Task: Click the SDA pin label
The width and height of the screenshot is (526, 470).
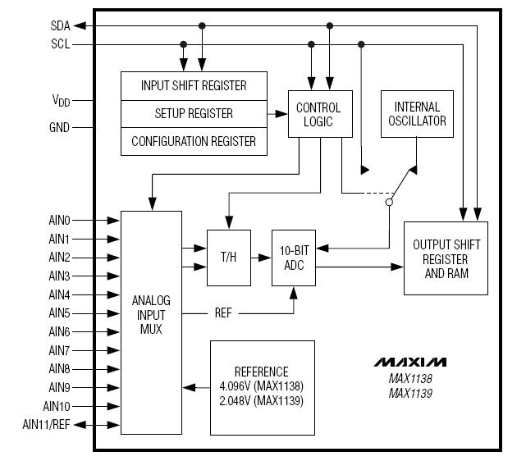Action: pyautogui.click(x=61, y=25)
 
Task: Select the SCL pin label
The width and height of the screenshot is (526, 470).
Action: pyautogui.click(x=61, y=44)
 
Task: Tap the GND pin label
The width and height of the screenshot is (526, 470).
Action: pyautogui.click(x=60, y=127)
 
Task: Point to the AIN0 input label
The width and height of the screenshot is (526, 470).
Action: pyautogui.click(x=60, y=220)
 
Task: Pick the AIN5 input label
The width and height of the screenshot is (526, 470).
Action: pyautogui.click(x=60, y=313)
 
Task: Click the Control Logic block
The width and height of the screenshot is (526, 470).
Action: pyautogui.click(x=318, y=114)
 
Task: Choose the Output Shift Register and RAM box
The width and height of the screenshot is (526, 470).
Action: pyautogui.click(x=446, y=258)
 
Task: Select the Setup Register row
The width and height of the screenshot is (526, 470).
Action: pyautogui.click(x=194, y=113)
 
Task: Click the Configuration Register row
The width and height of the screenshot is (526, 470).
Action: pyautogui.click(x=194, y=141)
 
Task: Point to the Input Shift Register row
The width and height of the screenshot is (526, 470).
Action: pyautogui.click(x=194, y=85)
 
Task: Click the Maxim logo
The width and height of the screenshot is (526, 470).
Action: pyautogui.click(x=410, y=362)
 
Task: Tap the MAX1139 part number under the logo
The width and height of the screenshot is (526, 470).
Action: pyautogui.click(x=410, y=393)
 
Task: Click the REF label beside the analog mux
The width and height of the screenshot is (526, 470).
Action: pyautogui.click(x=223, y=313)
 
